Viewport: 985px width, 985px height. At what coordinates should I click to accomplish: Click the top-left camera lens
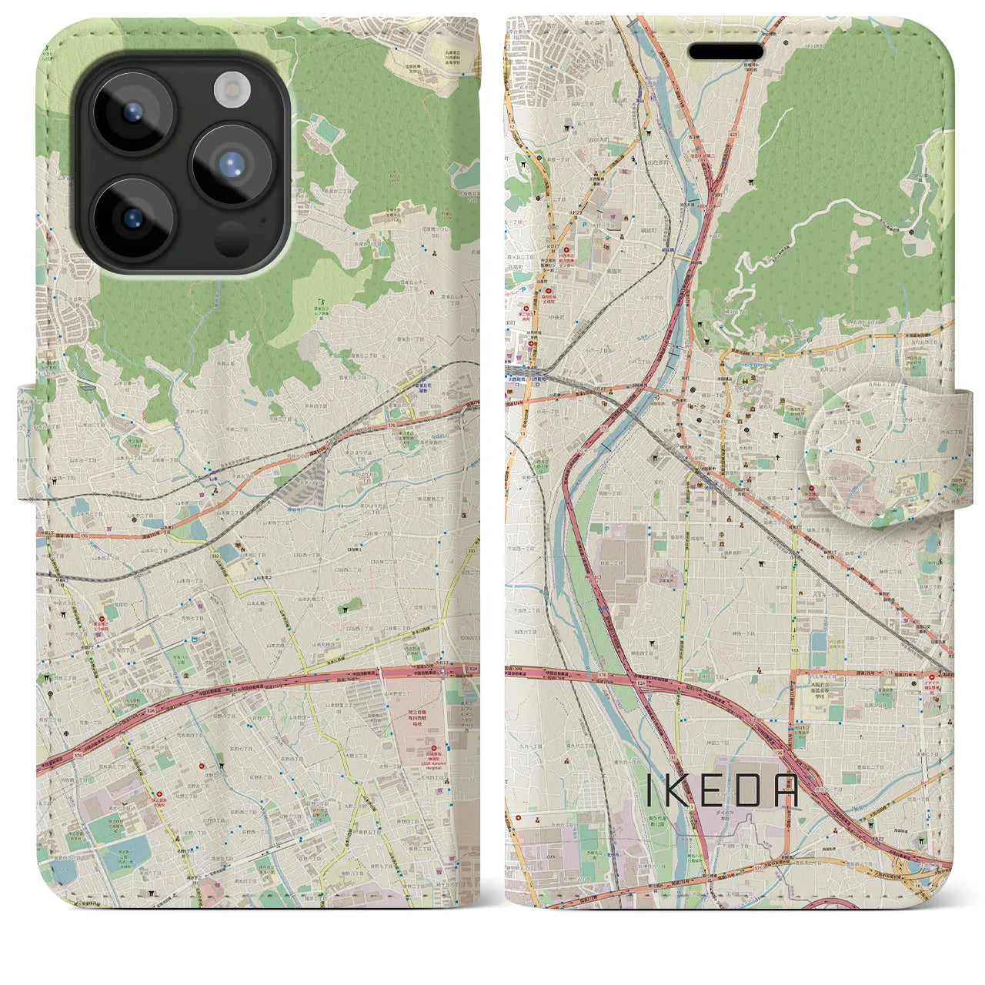(133, 112)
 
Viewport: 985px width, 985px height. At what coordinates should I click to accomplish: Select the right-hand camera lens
(232, 164)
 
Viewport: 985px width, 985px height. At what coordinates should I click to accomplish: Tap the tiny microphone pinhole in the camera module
(264, 219)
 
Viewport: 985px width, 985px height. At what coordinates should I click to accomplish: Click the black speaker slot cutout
(725, 52)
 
